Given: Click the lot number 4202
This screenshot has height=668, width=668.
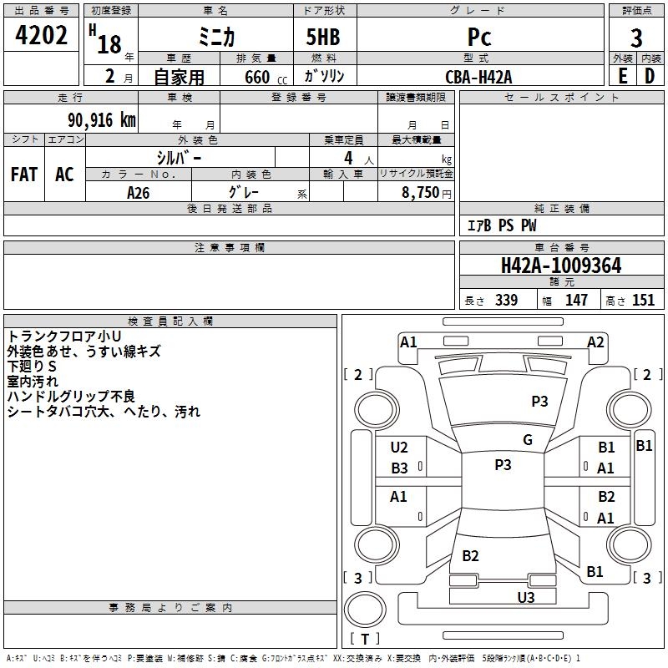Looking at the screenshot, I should (x=42, y=36).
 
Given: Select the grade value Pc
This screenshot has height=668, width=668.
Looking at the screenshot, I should (x=479, y=37).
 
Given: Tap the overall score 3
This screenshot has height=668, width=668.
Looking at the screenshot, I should (x=636, y=38).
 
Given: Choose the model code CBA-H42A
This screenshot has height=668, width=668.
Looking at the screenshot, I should (x=479, y=76).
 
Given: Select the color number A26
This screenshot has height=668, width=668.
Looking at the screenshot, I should (x=138, y=192).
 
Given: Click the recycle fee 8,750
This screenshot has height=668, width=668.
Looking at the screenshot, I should (x=420, y=192).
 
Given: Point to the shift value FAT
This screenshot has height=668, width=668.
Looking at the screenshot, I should (x=24, y=175).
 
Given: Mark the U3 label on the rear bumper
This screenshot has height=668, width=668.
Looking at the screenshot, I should (x=525, y=597).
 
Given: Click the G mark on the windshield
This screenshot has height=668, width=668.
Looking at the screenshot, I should (x=527, y=440).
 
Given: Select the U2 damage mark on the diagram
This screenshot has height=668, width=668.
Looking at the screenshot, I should (x=399, y=448).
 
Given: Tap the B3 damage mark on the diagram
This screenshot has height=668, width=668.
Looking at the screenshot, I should (x=399, y=468).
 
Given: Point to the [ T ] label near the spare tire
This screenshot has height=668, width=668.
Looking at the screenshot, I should (x=365, y=640).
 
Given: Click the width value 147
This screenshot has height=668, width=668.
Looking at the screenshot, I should (x=576, y=301).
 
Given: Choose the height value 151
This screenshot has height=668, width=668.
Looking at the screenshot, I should (x=643, y=301).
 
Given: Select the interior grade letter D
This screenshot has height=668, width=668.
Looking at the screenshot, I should (x=650, y=76).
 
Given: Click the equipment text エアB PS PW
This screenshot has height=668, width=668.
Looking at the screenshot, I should (x=501, y=225).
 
